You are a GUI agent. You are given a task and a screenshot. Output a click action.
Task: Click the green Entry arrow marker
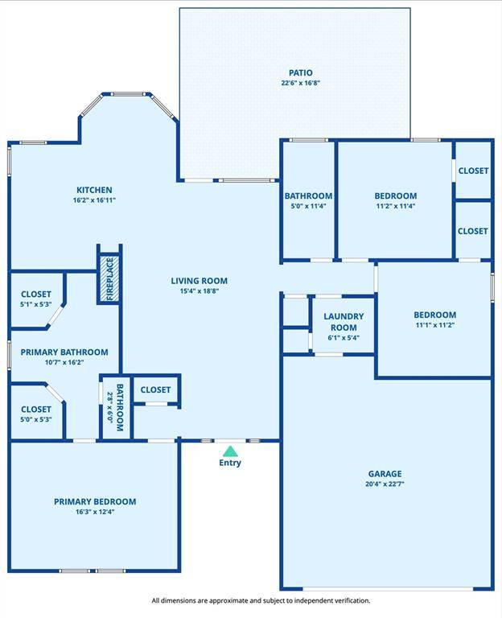(230, 451)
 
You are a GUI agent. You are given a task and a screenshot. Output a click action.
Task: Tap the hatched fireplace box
(109, 278)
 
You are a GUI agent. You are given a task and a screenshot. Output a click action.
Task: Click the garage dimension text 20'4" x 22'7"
(385, 484)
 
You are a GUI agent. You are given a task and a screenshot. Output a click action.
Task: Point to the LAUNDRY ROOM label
(344, 322)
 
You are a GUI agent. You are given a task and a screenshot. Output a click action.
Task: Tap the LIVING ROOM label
(199, 281)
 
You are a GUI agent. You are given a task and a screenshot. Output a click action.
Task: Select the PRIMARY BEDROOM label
(95, 501)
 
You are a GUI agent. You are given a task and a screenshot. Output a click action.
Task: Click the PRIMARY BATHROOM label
(64, 352)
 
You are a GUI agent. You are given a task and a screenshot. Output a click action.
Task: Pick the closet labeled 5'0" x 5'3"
(35, 414)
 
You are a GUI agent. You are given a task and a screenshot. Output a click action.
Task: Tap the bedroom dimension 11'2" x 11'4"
(395, 206)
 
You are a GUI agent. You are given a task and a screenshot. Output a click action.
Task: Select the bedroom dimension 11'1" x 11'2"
(434, 325)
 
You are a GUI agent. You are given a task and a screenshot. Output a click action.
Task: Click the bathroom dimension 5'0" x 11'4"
(308, 206)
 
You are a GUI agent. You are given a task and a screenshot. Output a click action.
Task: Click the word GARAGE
(385, 474)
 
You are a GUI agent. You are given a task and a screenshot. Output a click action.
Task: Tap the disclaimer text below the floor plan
(261, 600)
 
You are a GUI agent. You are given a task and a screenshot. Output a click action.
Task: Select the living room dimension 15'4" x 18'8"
(199, 291)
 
